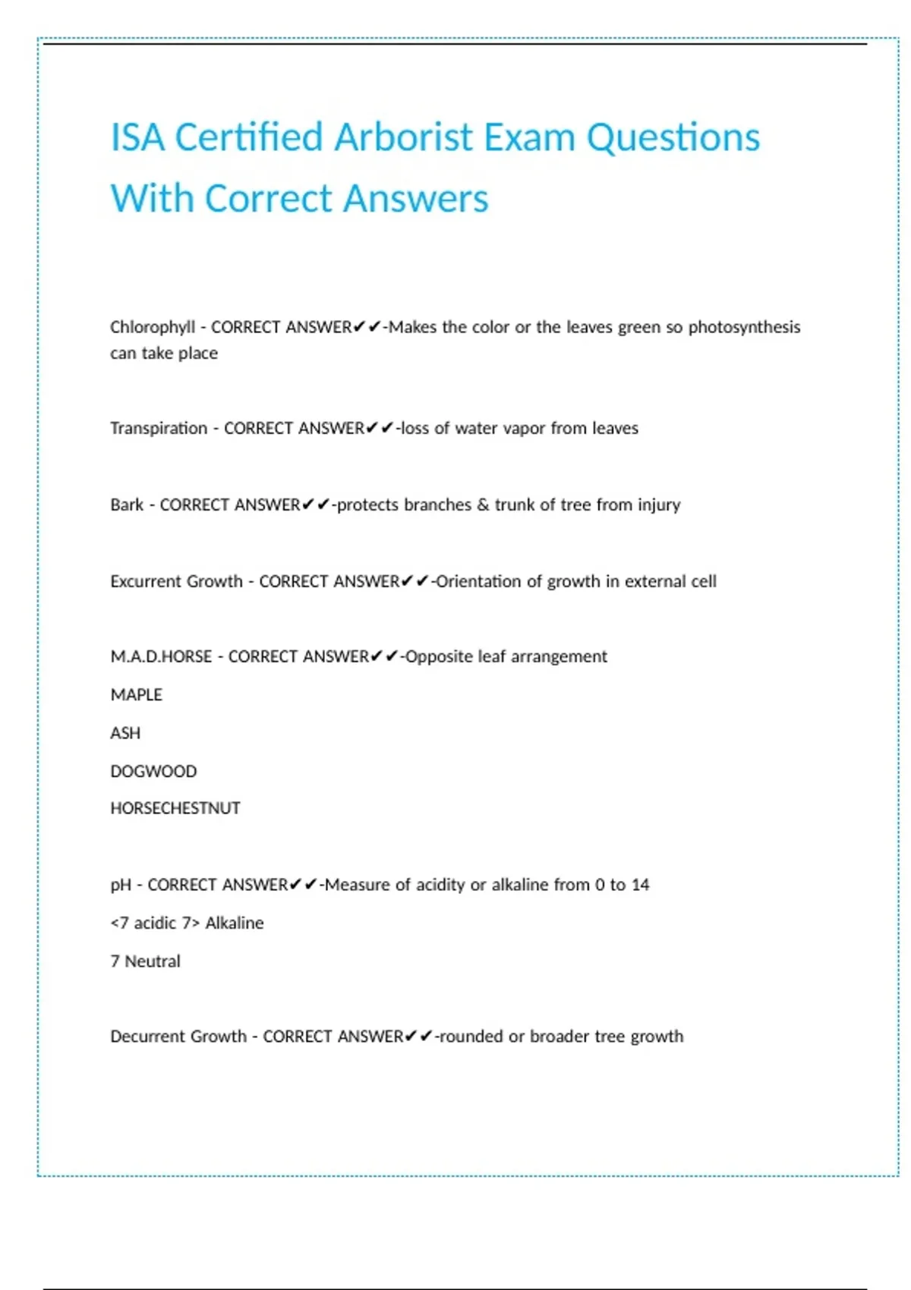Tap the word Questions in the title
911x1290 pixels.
pos(673,138)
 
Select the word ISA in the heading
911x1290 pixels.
pos(137,138)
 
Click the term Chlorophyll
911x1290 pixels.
pos(153,327)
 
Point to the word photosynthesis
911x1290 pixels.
pos(744,327)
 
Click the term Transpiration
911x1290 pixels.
pos(159,428)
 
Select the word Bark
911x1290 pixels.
pos(127,505)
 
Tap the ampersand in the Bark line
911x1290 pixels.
pos(483,505)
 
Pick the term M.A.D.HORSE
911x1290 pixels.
pos(161,656)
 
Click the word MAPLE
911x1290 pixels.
pos(137,695)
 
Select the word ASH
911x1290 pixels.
pos(125,733)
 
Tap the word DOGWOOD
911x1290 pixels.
pos(153,771)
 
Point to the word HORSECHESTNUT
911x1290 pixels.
pos(175,808)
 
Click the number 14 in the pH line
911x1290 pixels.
pos(640,885)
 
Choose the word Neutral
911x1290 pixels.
pos(153,961)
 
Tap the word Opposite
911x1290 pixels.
pos(439,656)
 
